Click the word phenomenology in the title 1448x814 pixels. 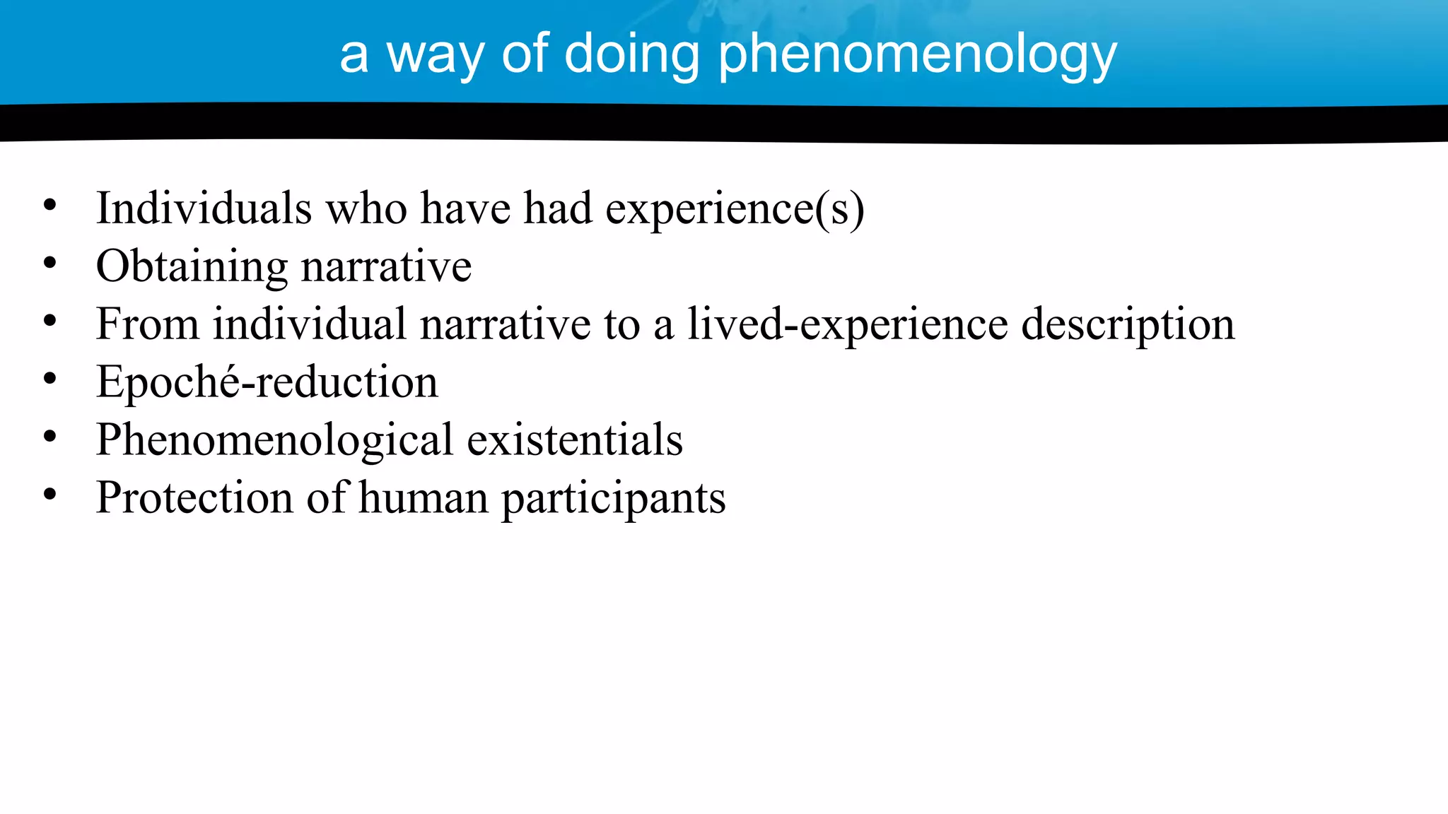click(x=917, y=55)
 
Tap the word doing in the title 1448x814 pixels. click(x=631, y=55)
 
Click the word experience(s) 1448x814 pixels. click(x=734, y=210)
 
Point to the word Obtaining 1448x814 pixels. click(x=192, y=267)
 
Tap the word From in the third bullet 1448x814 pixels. click(x=147, y=324)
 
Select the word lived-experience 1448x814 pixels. click(x=848, y=325)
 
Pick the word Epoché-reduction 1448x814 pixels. click(x=267, y=382)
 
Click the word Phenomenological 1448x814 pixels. click(x=274, y=440)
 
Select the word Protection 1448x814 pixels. click(x=194, y=497)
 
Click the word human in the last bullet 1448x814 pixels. click(x=423, y=497)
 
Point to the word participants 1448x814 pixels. click(x=613, y=499)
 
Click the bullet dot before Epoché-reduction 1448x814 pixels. click(x=49, y=379)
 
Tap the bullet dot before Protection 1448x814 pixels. click(x=49, y=495)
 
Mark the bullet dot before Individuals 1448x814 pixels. click(x=49, y=206)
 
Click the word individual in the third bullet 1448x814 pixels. click(x=310, y=324)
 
